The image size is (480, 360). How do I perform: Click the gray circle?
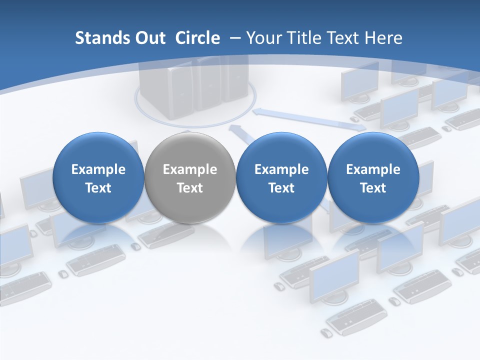[189, 178]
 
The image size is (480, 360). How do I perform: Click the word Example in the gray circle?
[190, 169]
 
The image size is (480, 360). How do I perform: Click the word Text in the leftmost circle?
[98, 188]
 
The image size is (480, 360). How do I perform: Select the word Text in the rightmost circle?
[373, 188]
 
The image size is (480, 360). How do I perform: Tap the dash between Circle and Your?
[235, 38]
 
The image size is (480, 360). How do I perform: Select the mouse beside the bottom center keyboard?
[326, 333]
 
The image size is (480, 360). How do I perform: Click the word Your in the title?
[263, 38]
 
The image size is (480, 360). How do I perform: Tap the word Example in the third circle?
[281, 169]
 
